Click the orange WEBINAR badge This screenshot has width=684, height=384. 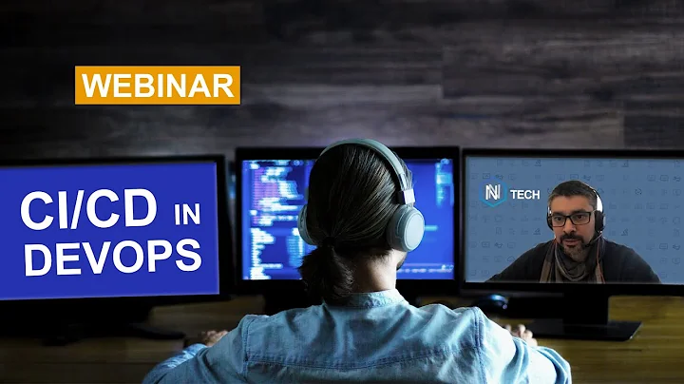[x=158, y=85]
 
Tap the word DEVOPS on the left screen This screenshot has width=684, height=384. [x=113, y=257]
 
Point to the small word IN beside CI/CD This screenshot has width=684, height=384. [x=186, y=215]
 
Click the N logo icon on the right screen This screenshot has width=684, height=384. [x=492, y=194]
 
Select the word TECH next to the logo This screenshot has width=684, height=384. [x=524, y=195]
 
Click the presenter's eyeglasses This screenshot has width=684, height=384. [x=573, y=219]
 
